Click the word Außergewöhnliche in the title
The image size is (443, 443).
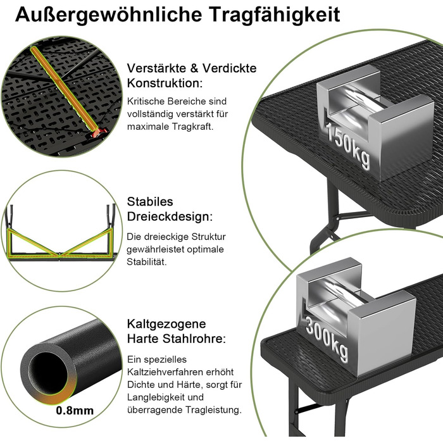[108, 15]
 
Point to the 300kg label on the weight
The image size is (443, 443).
[327, 339]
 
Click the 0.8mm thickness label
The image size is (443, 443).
[75, 410]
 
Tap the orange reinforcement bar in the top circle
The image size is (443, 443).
[65, 89]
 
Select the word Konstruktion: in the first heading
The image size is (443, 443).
[165, 84]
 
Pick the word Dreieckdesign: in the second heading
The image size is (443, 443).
[170, 216]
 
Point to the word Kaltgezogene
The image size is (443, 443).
[166, 324]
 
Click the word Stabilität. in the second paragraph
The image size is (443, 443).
[147, 261]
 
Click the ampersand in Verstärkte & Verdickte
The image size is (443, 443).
[194, 68]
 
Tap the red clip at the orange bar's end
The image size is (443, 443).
[98, 133]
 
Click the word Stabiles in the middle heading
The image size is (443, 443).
[150, 202]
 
